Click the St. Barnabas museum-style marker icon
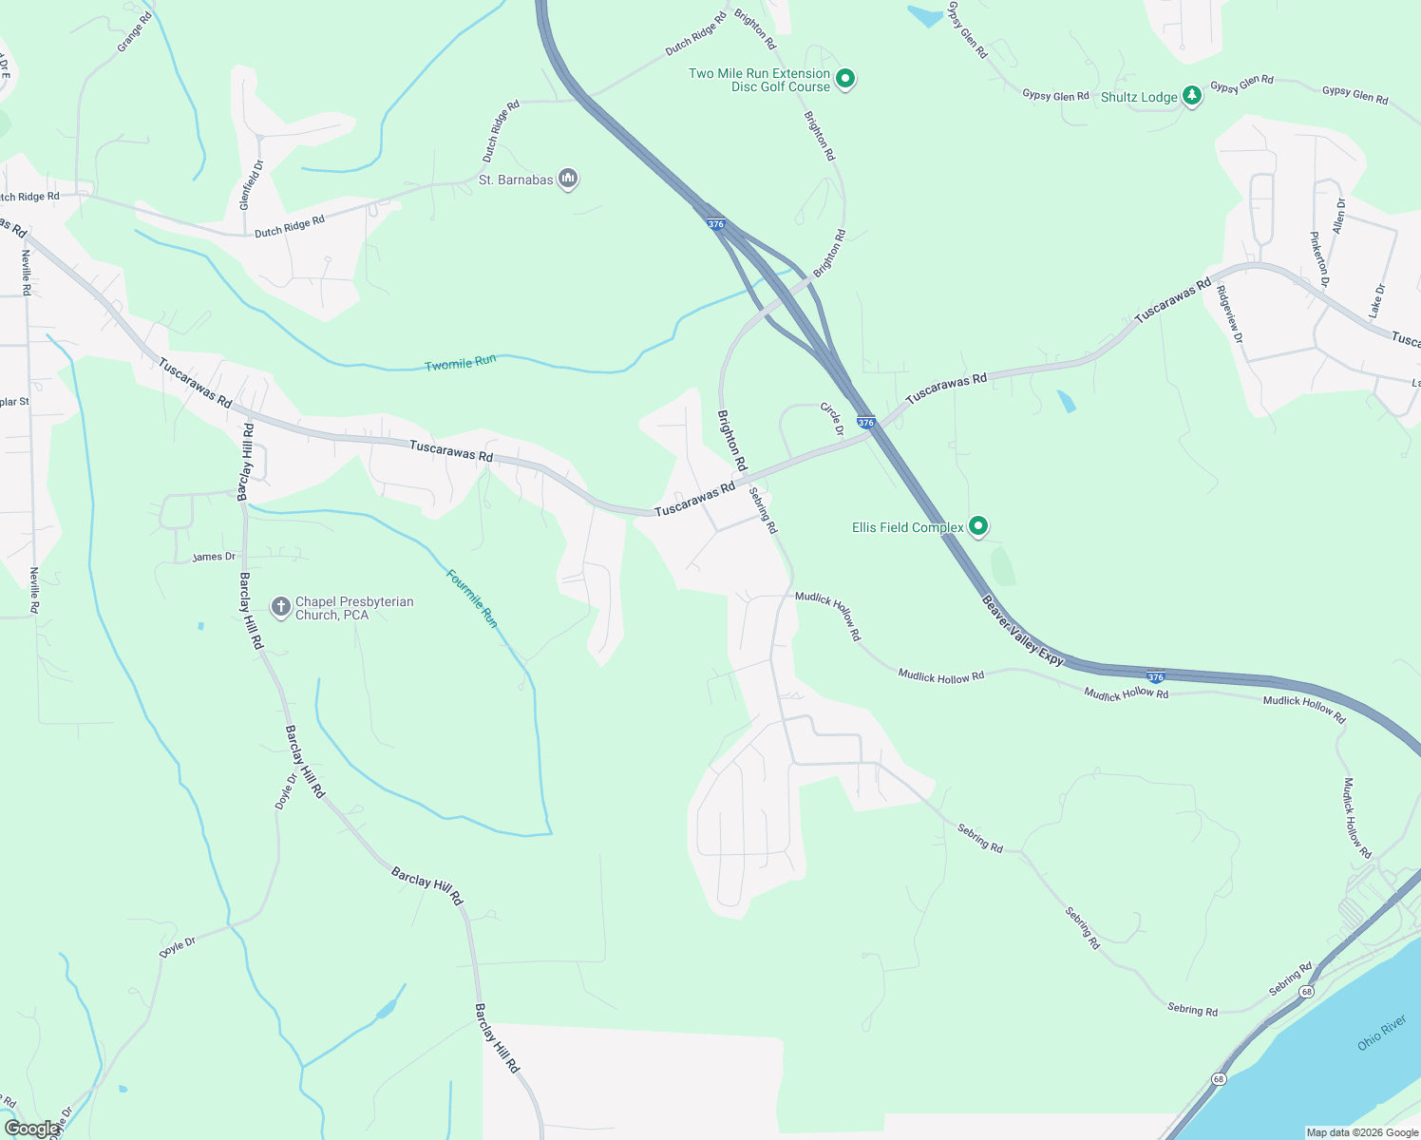tap(568, 179)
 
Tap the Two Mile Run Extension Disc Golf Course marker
tap(844, 79)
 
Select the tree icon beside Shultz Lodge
tap(1191, 97)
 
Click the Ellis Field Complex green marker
tap(977, 526)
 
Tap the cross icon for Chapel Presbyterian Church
tap(280, 607)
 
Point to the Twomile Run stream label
tap(460, 363)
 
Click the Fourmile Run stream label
tap(472, 598)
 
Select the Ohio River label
tap(1381, 1033)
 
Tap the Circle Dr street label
tap(832, 419)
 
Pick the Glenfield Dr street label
tap(251, 185)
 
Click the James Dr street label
tap(214, 557)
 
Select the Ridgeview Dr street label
tap(1229, 314)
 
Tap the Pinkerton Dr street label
tap(1319, 259)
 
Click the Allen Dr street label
tap(1338, 217)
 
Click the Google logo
tap(30, 1129)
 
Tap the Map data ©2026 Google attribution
tap(1362, 1132)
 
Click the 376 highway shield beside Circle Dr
tap(865, 422)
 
